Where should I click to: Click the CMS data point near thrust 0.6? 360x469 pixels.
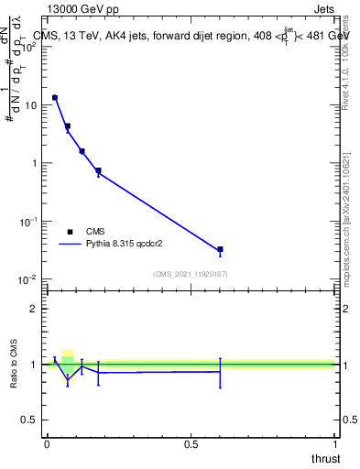[220, 249]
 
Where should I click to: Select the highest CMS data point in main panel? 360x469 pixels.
[55, 97]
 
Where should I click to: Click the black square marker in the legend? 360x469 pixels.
[70, 232]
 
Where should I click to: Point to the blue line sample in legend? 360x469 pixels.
[71, 245]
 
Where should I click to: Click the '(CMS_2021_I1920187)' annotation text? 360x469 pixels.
[190, 274]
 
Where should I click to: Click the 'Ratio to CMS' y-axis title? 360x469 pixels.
[15, 364]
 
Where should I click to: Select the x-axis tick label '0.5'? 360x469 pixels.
[191, 444]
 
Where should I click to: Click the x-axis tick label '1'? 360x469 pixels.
[334, 444]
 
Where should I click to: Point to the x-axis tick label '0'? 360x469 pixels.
[47, 444]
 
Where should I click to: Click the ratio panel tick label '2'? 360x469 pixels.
[33, 308]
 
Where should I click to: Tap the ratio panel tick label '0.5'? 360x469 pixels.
[28, 420]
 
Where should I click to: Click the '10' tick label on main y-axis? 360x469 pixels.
[29, 105]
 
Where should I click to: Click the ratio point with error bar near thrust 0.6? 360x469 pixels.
[220, 372]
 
